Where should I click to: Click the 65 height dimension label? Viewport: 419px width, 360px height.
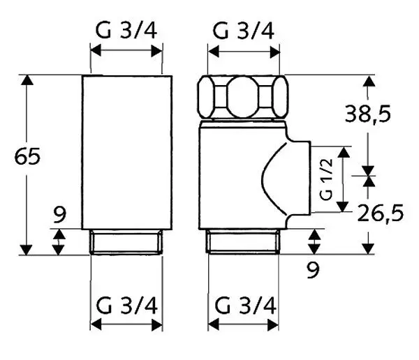coord(28,157)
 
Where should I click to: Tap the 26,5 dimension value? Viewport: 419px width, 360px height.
coord(381,213)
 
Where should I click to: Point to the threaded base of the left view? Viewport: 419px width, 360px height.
coord(127,241)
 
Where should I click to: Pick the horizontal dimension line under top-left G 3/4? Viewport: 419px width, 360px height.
coord(127,51)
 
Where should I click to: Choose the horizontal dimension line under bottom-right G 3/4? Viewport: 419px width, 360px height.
coord(244,326)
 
